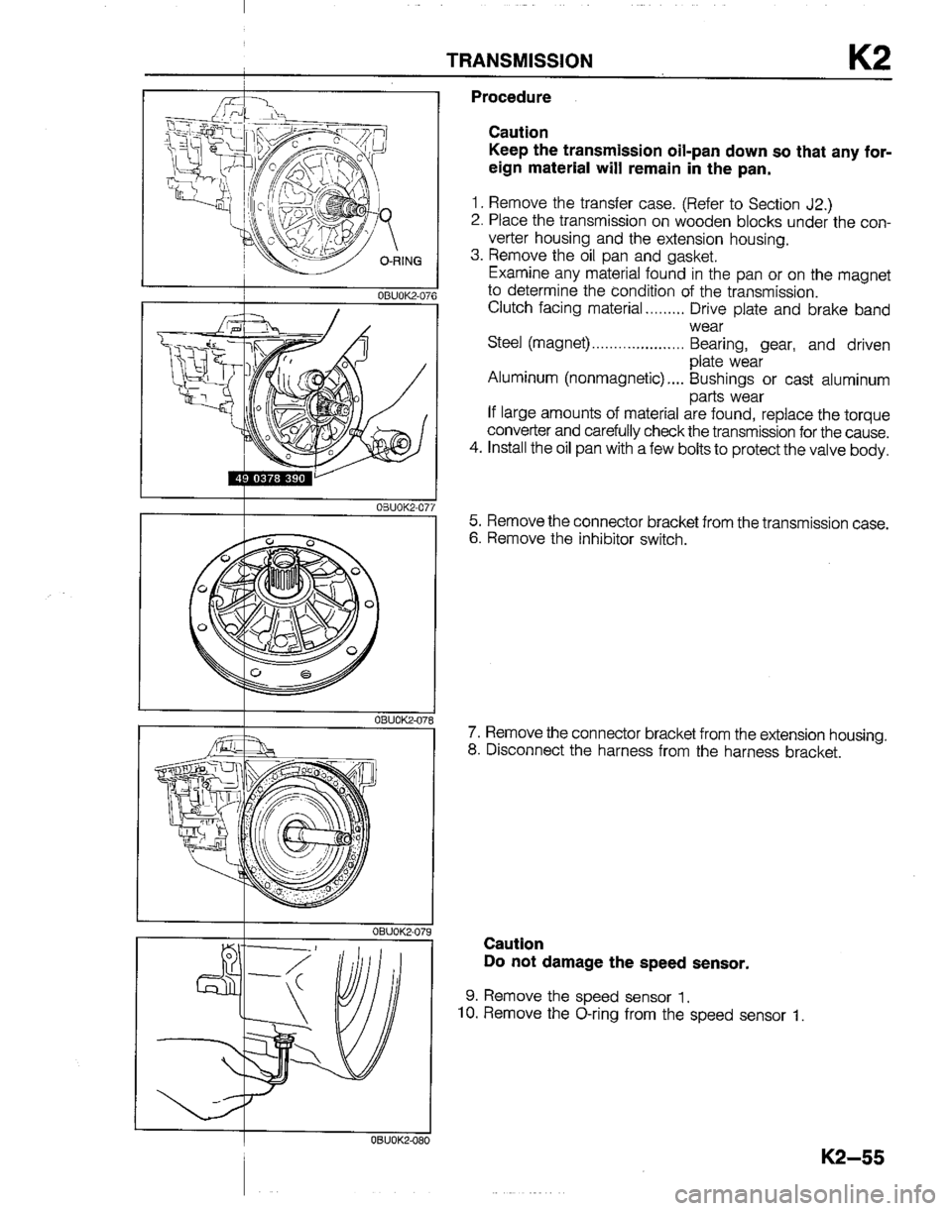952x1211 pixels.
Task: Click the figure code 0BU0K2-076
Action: point(400,293)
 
